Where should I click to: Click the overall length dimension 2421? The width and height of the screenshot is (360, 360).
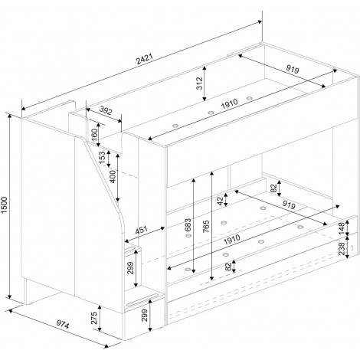click(145, 59)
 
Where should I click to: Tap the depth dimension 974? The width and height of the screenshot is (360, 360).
click(63, 325)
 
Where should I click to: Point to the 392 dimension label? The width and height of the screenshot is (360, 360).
click(106, 110)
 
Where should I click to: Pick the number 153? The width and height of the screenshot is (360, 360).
click(102, 158)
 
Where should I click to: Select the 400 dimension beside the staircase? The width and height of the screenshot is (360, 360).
click(113, 176)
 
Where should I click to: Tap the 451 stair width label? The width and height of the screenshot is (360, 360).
click(141, 230)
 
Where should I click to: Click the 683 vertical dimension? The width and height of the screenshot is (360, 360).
click(188, 224)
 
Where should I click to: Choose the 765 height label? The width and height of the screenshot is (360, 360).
click(206, 226)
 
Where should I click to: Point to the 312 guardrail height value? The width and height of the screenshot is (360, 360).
click(199, 83)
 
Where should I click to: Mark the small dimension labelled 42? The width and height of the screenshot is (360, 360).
click(221, 200)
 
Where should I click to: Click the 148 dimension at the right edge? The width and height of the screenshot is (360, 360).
click(342, 227)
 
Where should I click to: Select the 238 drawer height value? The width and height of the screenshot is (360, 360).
click(342, 248)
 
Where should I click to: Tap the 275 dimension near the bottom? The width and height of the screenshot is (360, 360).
click(94, 318)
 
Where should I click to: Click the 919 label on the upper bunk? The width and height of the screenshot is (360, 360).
click(292, 69)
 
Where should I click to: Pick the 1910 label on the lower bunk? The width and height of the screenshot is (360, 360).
click(231, 239)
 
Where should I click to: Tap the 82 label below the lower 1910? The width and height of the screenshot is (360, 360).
click(228, 267)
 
